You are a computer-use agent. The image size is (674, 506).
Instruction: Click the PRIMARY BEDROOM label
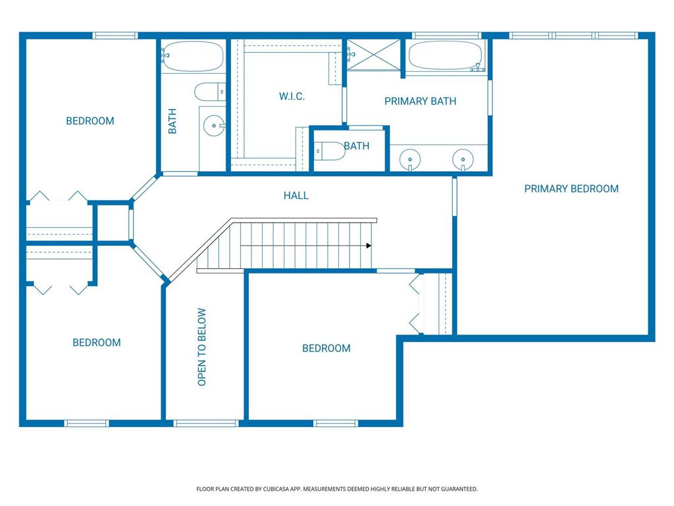571,188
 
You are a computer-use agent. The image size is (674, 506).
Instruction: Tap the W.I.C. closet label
292,96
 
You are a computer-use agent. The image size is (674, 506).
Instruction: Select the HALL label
296,195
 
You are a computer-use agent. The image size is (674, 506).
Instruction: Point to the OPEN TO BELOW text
201,347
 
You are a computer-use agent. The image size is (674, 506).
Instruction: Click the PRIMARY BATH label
420,101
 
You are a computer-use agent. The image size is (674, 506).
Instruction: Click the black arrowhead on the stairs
369,246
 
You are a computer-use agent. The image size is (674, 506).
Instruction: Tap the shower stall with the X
374,55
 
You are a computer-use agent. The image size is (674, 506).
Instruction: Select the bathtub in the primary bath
445,55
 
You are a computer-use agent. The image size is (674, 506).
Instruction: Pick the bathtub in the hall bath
193,56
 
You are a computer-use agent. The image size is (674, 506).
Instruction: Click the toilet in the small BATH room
330,151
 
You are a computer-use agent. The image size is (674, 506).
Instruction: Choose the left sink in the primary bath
409,159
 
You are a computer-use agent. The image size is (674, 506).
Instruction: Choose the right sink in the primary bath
463,159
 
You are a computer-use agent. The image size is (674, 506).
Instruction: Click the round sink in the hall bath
214,126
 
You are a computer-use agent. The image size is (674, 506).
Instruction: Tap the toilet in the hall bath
210,92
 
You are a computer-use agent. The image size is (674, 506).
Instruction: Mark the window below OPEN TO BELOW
206,424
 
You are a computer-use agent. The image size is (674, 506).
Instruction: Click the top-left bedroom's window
115,36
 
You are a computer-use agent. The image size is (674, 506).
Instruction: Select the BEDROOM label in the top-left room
90,121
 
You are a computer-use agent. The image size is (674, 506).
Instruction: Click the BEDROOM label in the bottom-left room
96,343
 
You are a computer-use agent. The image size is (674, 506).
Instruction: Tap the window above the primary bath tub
446,36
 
